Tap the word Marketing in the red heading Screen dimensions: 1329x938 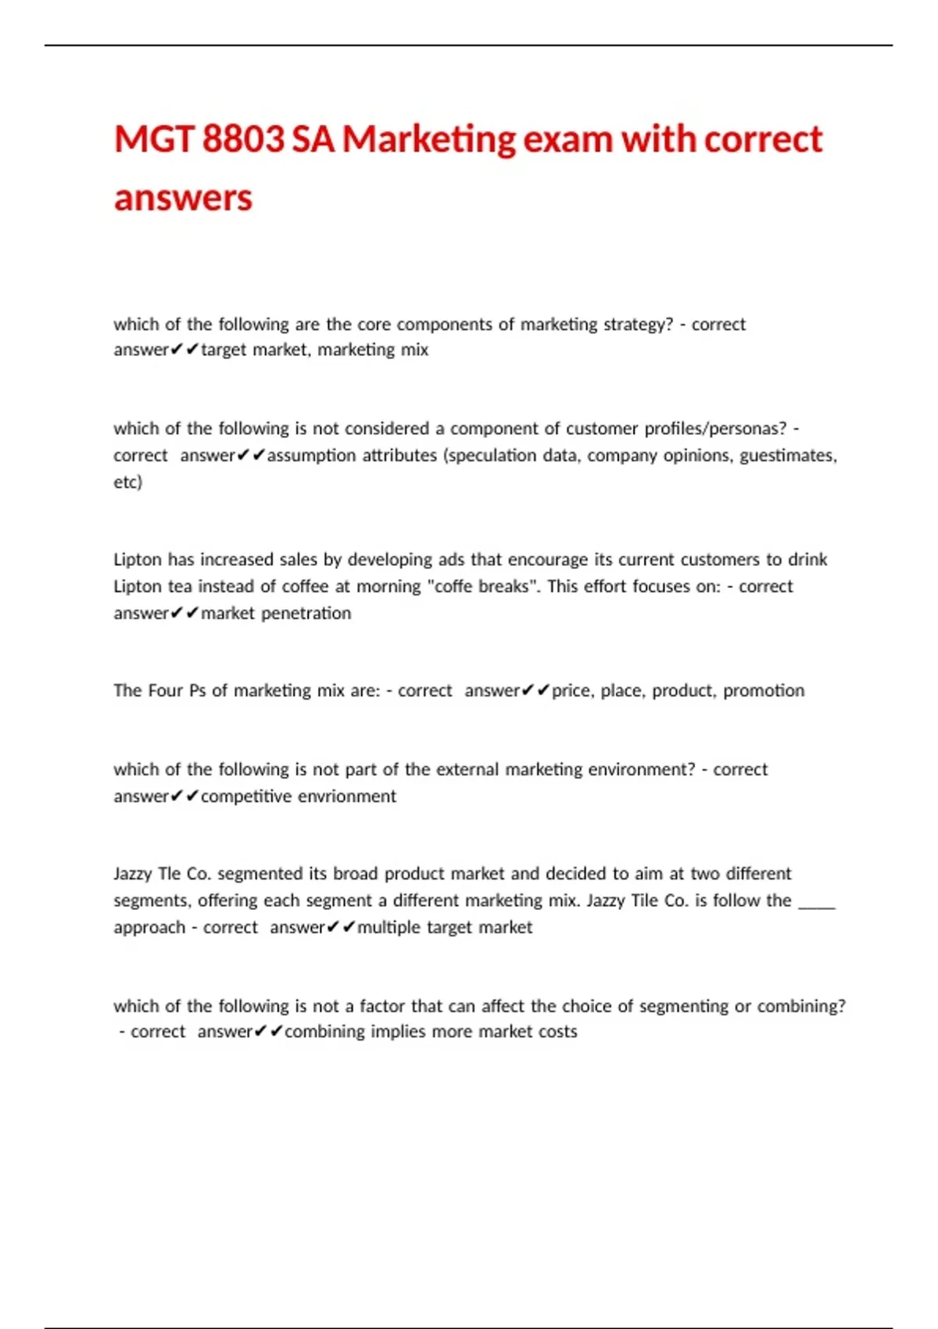pyautogui.click(x=428, y=140)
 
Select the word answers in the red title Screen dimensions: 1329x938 pyautogui.click(x=183, y=198)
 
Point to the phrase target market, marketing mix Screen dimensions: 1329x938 pyautogui.click(x=314, y=350)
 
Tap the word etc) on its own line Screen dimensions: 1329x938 pyautogui.click(x=127, y=482)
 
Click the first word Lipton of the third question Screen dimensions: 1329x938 pyautogui.click(x=137, y=560)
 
